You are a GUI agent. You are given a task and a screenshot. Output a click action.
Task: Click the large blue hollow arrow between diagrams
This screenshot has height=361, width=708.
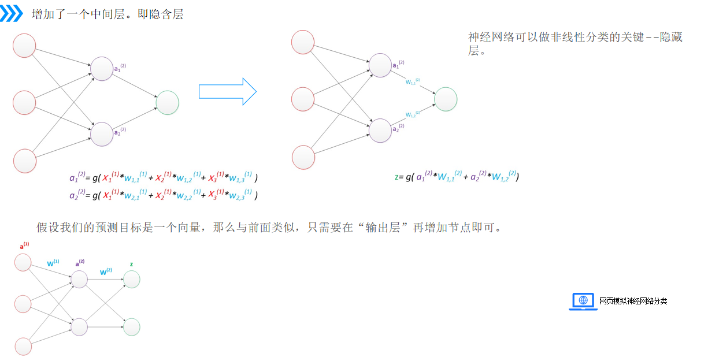pos(227,91)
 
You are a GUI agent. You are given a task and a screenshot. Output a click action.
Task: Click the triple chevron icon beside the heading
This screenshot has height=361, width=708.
pos(12,14)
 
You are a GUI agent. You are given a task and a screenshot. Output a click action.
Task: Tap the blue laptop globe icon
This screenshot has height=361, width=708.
pos(583,301)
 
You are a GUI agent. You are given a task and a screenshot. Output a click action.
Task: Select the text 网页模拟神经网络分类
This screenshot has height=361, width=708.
pos(633,301)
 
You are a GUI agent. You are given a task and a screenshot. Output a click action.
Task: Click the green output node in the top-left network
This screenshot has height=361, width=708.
pos(168,103)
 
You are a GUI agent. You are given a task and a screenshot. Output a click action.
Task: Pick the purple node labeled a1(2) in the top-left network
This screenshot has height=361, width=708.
pos(102,69)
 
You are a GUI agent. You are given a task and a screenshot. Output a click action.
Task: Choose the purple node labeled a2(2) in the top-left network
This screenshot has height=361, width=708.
pos(102,133)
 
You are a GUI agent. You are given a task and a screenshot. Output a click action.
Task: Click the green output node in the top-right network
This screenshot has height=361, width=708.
pos(446,99)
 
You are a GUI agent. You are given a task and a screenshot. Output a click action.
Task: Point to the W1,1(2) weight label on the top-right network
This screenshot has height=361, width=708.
pos(413,81)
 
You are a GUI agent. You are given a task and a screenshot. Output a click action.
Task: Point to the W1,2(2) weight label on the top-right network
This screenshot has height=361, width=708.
pos(413,114)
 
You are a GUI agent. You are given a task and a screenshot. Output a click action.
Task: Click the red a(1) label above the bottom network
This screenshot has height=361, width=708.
pos(24,246)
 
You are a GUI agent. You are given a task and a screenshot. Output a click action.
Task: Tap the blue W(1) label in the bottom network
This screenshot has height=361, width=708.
pos(53,263)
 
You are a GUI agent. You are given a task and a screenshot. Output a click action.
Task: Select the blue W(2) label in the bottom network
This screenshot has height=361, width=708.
pos(106,271)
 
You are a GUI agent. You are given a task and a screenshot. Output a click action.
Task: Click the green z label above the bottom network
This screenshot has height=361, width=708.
pos(131,264)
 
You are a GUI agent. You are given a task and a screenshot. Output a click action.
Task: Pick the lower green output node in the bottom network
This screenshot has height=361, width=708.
pos(131,327)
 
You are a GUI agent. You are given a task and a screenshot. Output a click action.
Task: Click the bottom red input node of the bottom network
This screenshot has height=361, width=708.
pos(23,346)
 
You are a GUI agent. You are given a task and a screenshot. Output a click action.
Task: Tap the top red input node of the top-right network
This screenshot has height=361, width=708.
pos(303,42)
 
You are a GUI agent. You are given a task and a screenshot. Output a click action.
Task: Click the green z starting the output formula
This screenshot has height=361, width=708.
pos(396,177)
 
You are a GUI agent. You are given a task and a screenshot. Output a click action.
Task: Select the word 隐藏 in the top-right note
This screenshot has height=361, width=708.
pos(670,38)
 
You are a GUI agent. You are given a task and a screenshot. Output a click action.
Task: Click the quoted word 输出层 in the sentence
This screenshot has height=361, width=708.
pos(379,227)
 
